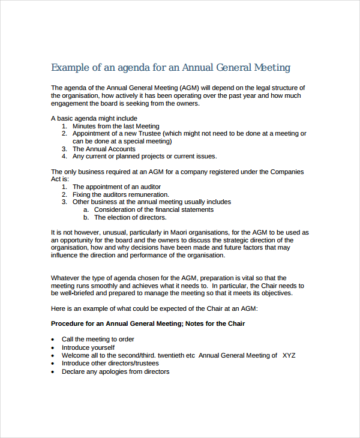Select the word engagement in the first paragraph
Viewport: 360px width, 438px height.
point(71,103)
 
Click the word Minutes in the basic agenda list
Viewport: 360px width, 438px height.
point(85,127)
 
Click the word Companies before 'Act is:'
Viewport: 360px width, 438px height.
point(287,172)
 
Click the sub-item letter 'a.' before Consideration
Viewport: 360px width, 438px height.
point(86,209)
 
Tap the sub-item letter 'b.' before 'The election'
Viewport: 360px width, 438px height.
point(86,217)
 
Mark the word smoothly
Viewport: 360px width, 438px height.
point(103,286)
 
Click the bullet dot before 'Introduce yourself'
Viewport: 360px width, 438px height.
point(53,348)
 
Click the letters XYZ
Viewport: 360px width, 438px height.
point(289,355)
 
